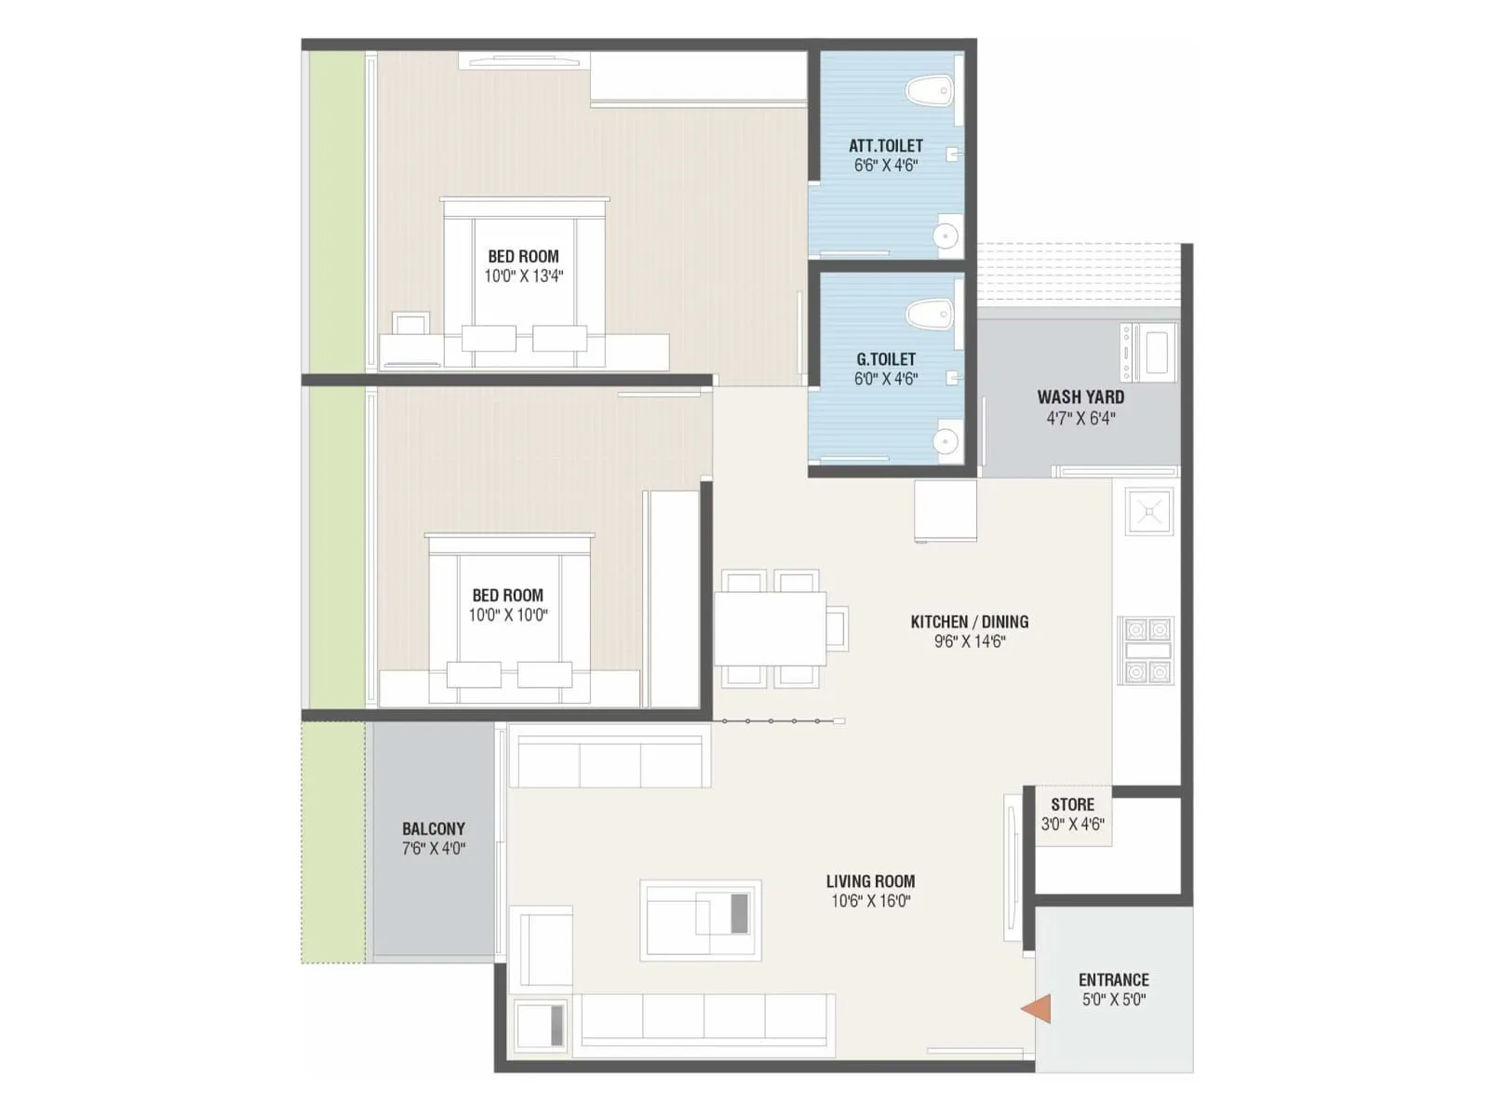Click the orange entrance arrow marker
(x=1038, y=1009)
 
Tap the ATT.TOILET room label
(x=885, y=146)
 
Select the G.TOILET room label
(x=885, y=359)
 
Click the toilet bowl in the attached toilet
(x=929, y=91)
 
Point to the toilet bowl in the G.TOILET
(x=929, y=314)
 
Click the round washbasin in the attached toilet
(x=946, y=236)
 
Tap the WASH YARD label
(x=1080, y=397)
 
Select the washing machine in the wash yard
(x=1150, y=352)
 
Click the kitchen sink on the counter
(x=1149, y=512)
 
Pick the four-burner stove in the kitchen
(x=1147, y=650)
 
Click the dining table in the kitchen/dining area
(x=770, y=628)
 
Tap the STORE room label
(x=1072, y=804)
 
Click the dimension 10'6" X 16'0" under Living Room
(x=870, y=901)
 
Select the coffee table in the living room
(x=701, y=921)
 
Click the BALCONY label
(x=433, y=828)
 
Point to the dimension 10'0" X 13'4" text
(x=523, y=276)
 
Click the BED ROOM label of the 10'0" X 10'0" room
(x=507, y=596)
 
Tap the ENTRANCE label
(x=1113, y=980)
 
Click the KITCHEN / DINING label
(x=969, y=622)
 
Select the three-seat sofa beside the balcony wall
(x=610, y=762)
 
